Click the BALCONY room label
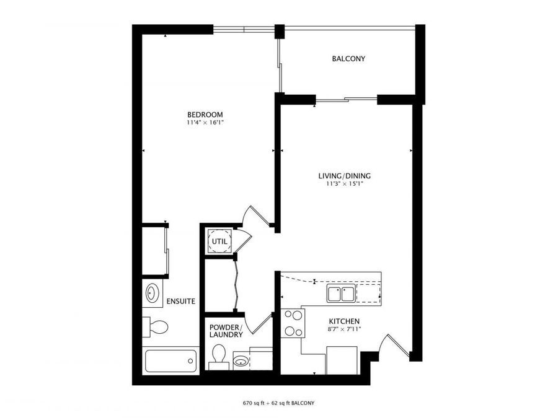click(x=348, y=59)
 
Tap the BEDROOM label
click(x=205, y=115)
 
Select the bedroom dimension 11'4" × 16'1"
click(x=205, y=123)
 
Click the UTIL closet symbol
click(x=220, y=242)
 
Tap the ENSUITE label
click(x=180, y=302)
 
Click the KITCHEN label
click(x=344, y=321)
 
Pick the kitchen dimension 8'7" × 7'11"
click(x=344, y=329)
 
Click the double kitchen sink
click(x=340, y=294)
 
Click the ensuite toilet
click(x=156, y=326)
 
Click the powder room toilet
click(x=218, y=355)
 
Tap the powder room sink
click(x=241, y=360)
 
